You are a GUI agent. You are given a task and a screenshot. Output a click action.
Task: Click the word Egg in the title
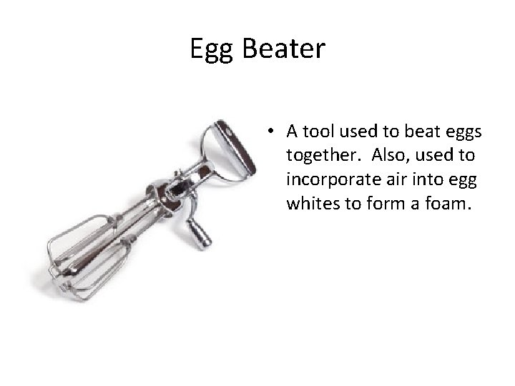(213, 49)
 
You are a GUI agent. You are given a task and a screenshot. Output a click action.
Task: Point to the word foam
(446, 204)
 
